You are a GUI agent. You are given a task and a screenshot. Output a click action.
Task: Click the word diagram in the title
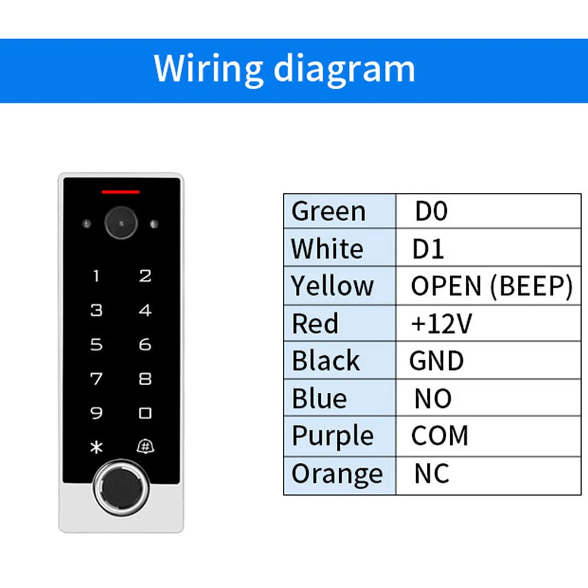[345, 69]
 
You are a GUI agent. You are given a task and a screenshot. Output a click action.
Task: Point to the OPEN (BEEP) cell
[491, 286]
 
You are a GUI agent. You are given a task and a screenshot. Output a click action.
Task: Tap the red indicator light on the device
[121, 192]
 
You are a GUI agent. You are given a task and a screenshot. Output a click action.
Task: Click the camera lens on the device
[121, 223]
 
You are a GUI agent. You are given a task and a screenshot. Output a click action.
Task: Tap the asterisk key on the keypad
[96, 447]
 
